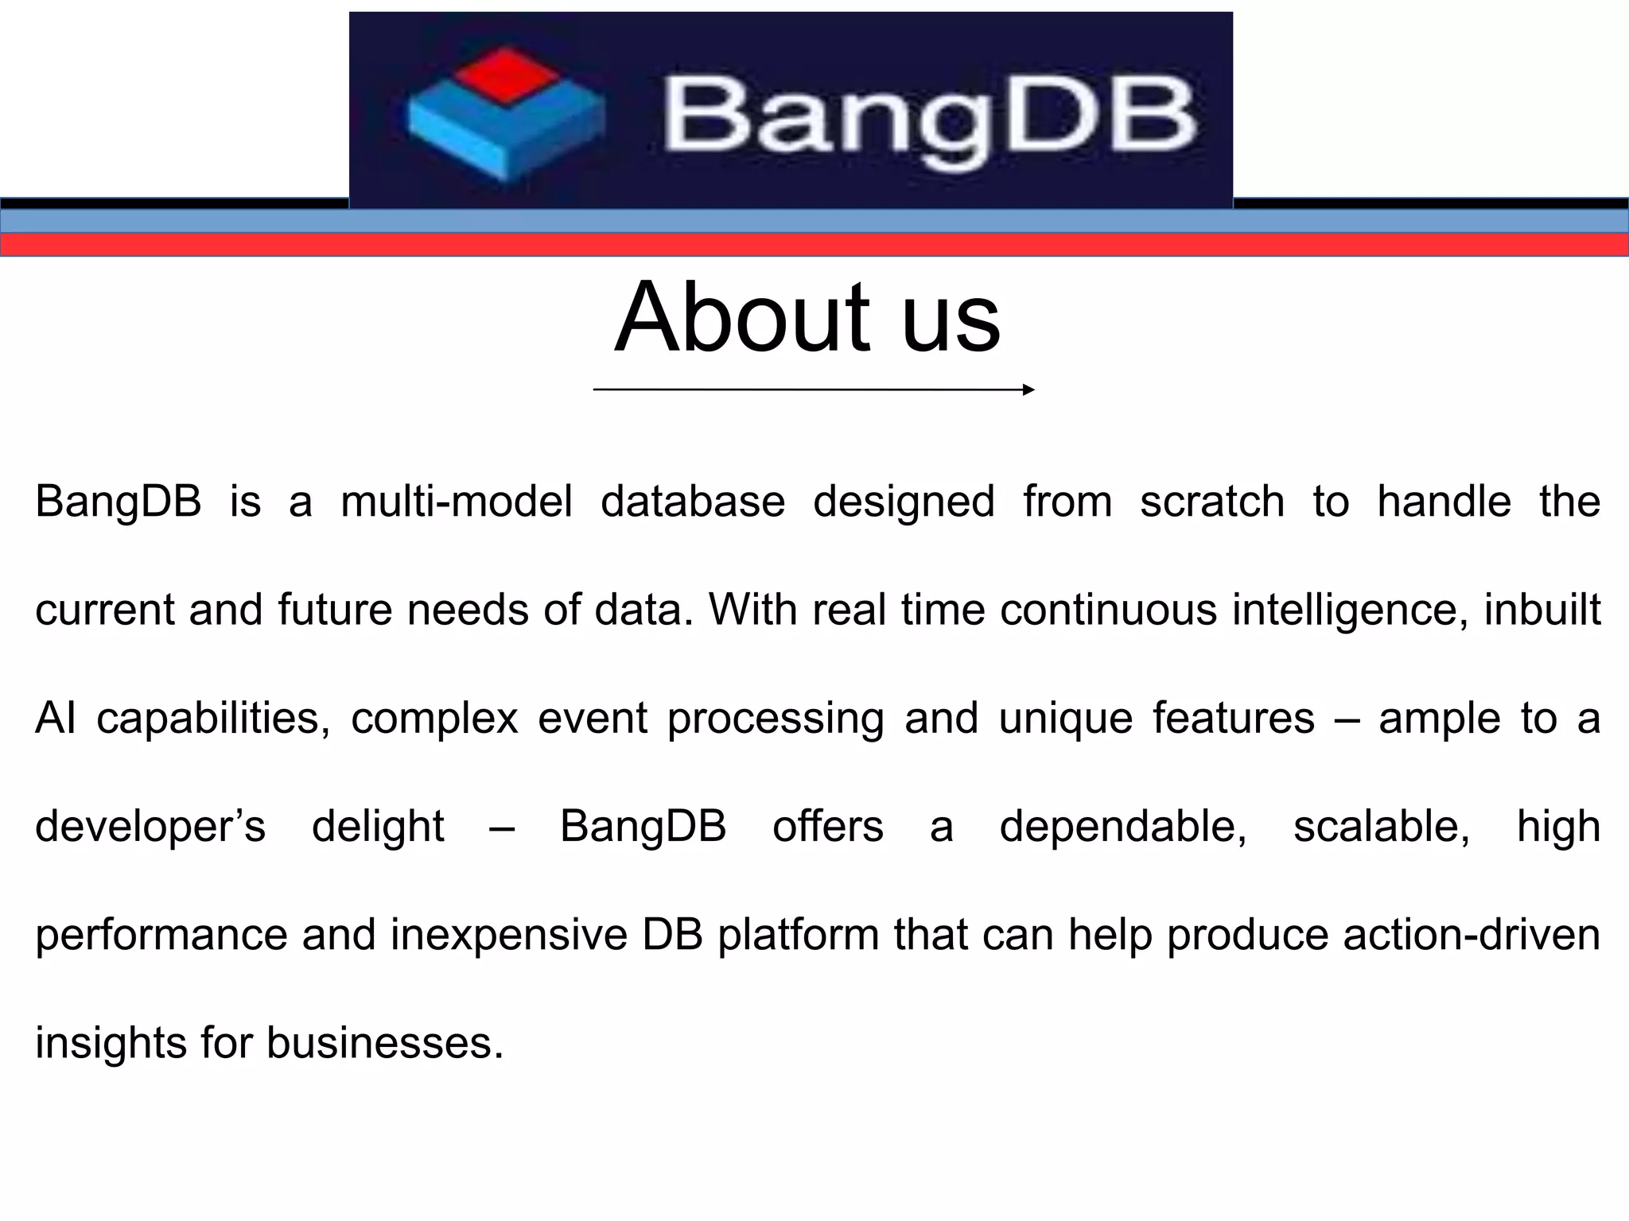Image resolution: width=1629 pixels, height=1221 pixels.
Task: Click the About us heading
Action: pyautogui.click(x=807, y=317)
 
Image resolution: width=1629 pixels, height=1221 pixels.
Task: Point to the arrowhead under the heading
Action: pyautogui.click(x=1028, y=390)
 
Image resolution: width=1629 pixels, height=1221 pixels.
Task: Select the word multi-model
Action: pyautogui.click(x=456, y=502)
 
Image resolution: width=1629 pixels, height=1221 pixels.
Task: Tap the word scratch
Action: pyautogui.click(x=1211, y=502)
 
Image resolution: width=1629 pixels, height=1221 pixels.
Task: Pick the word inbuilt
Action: pyautogui.click(x=1542, y=610)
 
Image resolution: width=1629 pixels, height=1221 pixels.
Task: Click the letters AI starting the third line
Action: pyautogui.click(x=56, y=719)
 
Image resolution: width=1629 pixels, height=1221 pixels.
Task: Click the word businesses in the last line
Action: pyautogui.click(x=385, y=1043)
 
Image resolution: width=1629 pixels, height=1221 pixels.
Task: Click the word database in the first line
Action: pyautogui.click(x=692, y=502)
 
